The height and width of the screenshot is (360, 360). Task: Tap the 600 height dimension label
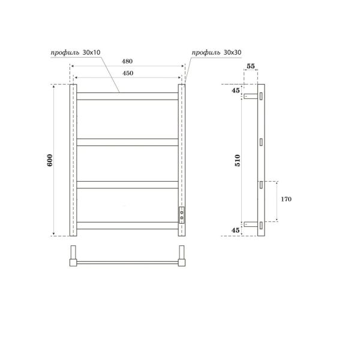(x=50, y=160)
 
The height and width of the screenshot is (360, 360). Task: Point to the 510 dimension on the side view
(x=237, y=160)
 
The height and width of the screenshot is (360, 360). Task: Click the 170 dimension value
(x=285, y=199)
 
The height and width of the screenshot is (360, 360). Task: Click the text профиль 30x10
(x=71, y=53)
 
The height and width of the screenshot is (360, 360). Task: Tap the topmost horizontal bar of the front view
(x=127, y=95)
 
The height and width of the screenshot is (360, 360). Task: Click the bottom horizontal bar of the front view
(x=127, y=226)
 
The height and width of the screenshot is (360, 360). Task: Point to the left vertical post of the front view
(x=73, y=160)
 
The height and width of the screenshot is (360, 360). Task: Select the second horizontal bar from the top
(x=127, y=142)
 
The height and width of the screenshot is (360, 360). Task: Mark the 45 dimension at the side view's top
(x=235, y=91)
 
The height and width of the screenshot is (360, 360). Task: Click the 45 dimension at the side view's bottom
(x=235, y=230)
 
